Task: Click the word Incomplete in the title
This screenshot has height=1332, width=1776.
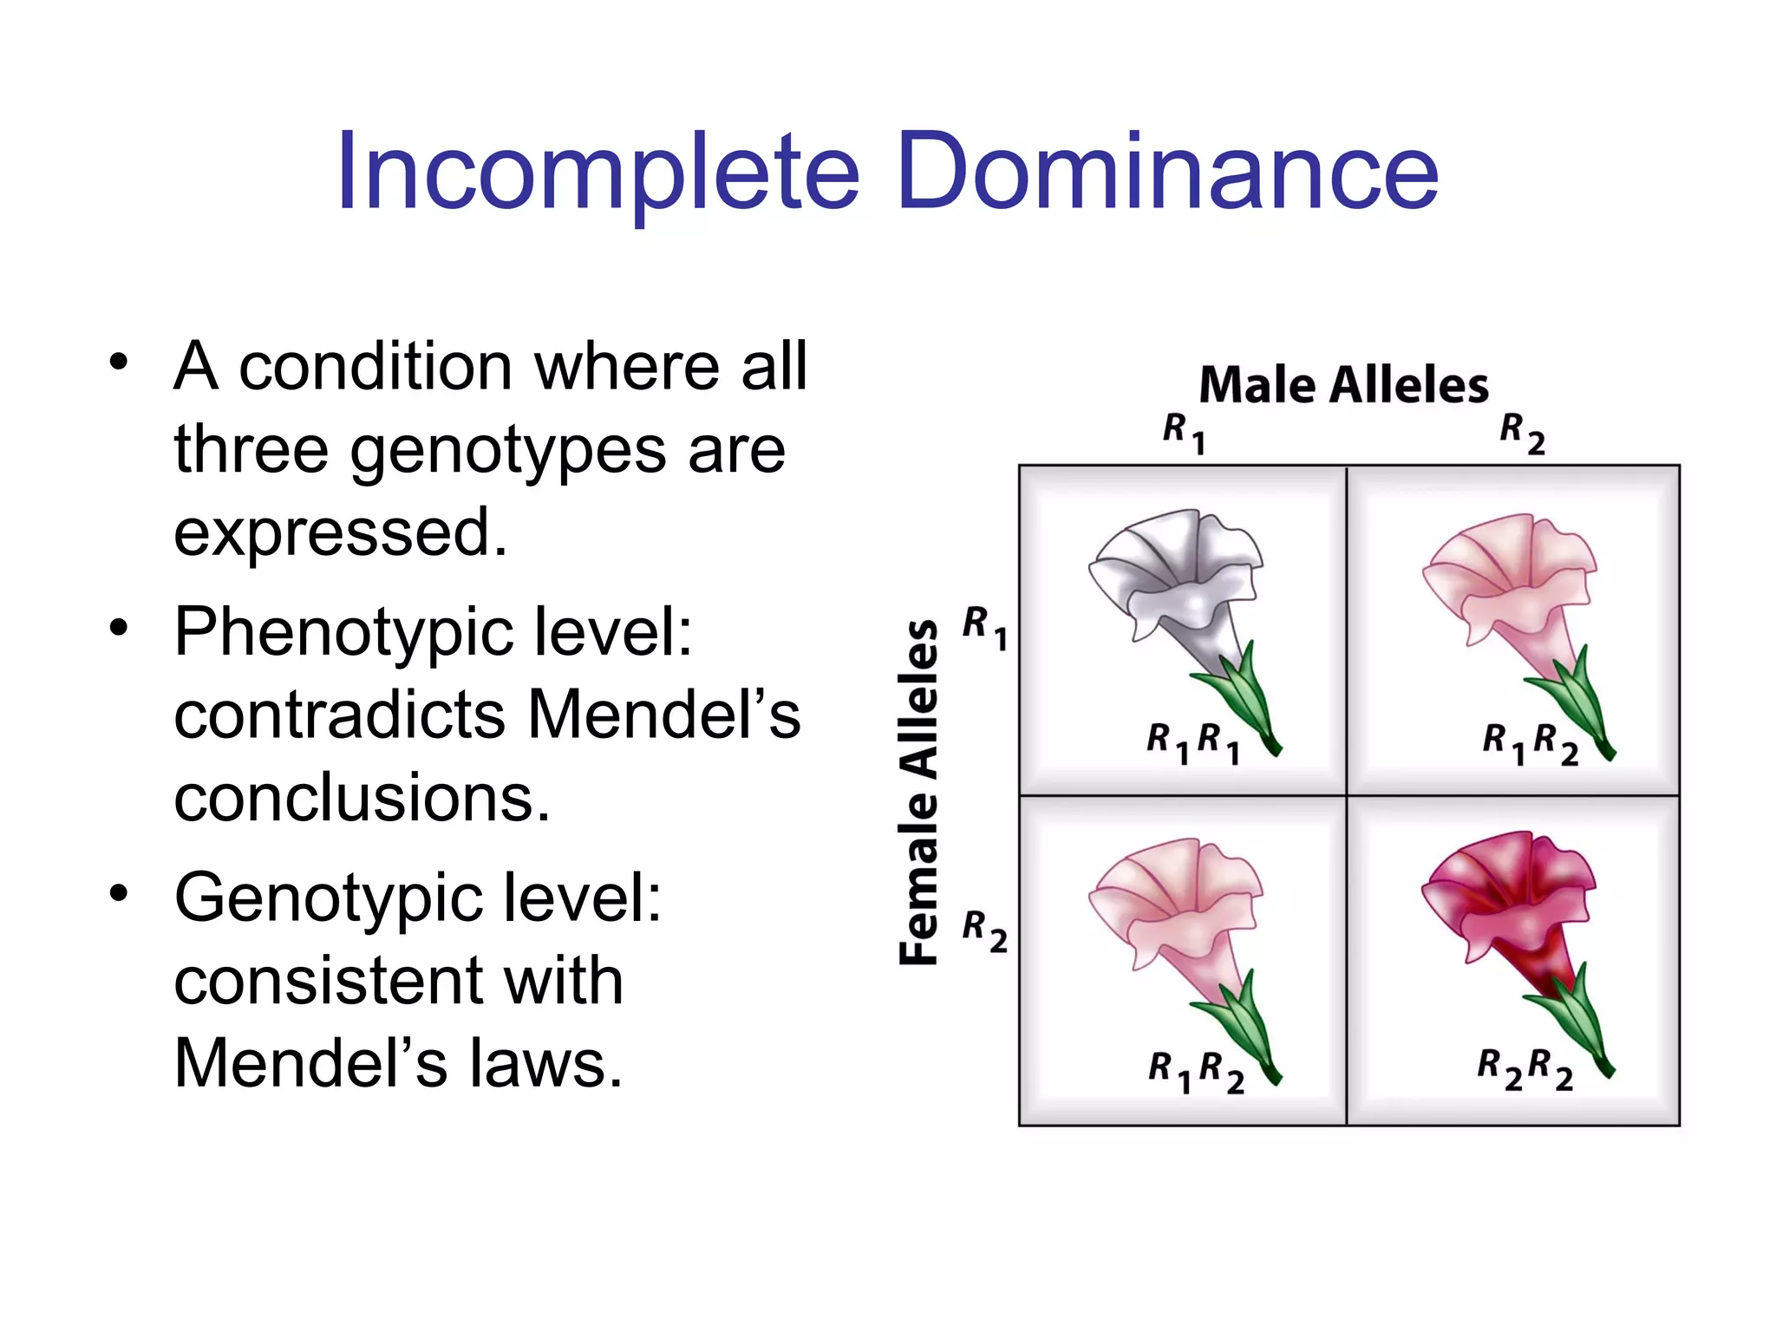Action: (x=598, y=172)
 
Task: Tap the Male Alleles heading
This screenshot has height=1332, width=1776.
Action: (x=1343, y=386)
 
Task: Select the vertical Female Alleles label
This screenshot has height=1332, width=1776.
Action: (x=919, y=792)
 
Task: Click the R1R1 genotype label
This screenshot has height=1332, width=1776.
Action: (x=1193, y=744)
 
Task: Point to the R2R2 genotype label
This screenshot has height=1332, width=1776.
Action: (x=1525, y=1068)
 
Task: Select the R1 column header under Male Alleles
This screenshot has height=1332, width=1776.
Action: (x=1184, y=433)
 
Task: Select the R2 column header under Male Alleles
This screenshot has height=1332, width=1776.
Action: (x=1522, y=433)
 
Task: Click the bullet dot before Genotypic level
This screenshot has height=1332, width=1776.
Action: (x=119, y=892)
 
